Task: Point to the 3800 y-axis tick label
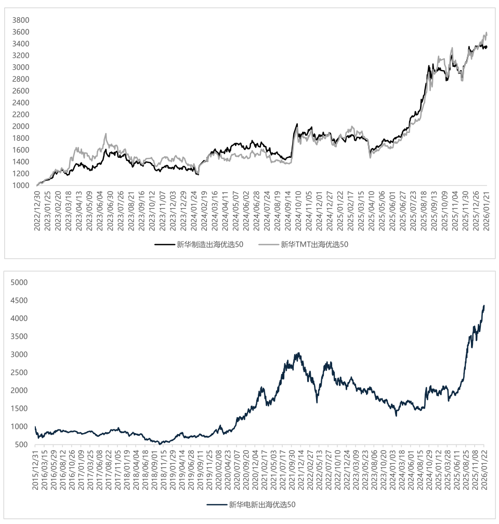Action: tap(21, 20)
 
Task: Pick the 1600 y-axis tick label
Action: tap(21, 150)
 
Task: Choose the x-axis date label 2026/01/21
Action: tap(487, 208)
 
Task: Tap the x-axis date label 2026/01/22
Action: tap(484, 468)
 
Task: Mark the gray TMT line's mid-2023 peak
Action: tap(106, 133)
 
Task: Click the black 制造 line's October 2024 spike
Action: tap(297, 124)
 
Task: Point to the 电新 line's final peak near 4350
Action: tap(484, 305)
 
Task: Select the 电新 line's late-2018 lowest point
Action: tap(160, 444)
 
